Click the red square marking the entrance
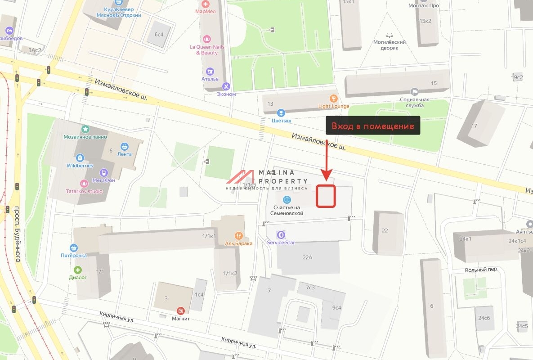tap(326, 196)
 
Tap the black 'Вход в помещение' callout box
tap(373, 126)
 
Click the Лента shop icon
tap(125, 146)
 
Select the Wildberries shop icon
tap(80, 158)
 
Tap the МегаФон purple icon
tap(104, 173)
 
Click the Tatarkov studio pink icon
tap(84, 183)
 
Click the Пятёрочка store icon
tap(74, 248)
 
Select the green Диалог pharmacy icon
tap(78, 270)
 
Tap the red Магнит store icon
tap(181, 311)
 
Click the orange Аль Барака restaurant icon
tap(239, 235)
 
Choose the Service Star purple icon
tap(281, 234)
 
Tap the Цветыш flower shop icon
tap(281, 112)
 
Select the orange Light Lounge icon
tap(333, 98)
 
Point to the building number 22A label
tap(307, 257)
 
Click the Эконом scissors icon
tap(226, 86)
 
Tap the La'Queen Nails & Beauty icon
tap(207, 39)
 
